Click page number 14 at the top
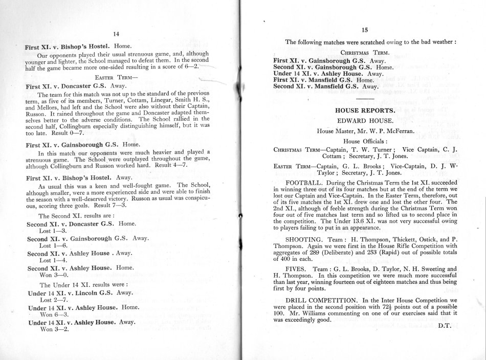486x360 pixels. click(x=116, y=34)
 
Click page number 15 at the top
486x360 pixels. click(x=365, y=30)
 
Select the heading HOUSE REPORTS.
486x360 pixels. click(x=364, y=109)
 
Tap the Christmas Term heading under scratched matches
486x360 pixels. click(x=364, y=52)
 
